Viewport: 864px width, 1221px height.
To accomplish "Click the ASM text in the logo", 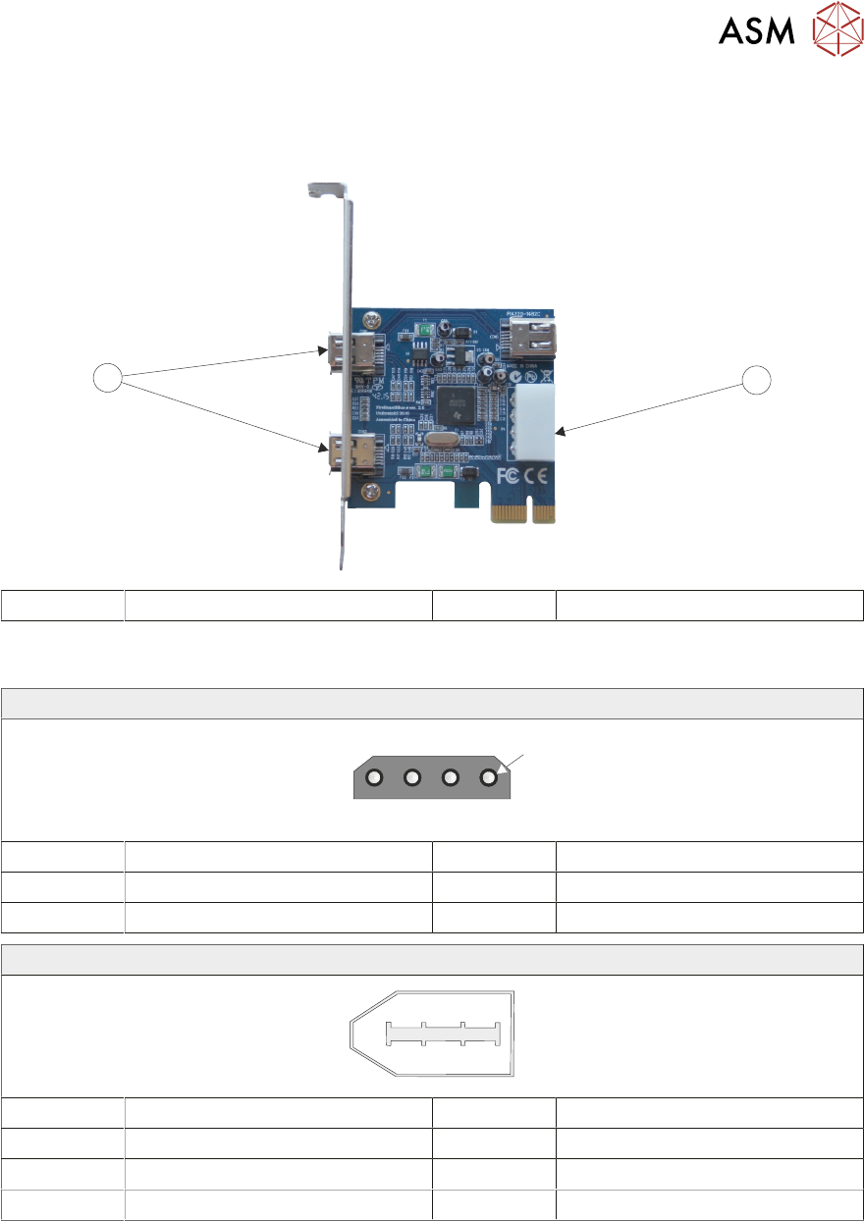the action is [x=755, y=31].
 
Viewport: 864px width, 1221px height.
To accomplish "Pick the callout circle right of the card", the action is [x=756, y=379].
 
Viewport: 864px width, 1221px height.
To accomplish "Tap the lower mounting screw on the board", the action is [x=370, y=493].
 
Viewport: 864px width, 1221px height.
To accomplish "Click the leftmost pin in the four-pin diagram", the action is [x=374, y=778].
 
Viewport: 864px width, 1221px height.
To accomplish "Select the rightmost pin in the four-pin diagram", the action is [x=489, y=778].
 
